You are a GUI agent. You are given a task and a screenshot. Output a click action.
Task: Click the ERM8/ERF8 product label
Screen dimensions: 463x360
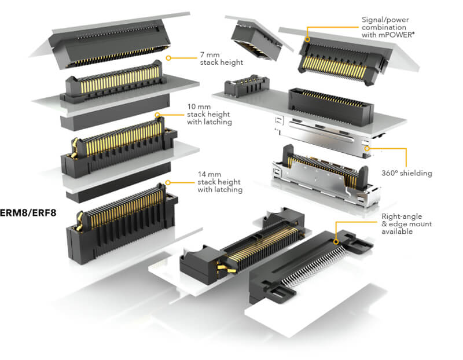[28, 212]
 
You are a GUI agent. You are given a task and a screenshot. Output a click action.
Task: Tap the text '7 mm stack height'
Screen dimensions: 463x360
[222, 58]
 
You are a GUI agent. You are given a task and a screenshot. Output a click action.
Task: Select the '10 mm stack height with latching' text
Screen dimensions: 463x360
[210, 114]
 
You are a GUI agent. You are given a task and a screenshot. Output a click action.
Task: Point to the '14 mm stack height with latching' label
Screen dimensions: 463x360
[220, 182]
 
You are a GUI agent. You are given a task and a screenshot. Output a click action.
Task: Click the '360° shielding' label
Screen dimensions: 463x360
[407, 173]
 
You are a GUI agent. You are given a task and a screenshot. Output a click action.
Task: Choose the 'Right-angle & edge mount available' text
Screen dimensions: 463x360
[407, 224]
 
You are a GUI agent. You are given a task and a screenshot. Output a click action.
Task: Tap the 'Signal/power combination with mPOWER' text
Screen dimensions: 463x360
[388, 27]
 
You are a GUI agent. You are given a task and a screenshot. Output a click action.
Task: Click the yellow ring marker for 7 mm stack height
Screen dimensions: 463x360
[168, 58]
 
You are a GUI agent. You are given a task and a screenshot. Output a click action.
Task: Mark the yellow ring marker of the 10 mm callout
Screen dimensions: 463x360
[157, 115]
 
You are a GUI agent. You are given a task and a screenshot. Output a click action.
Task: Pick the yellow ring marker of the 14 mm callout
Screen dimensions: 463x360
[168, 182]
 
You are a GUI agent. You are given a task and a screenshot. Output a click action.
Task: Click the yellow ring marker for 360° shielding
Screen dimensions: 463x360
[367, 149]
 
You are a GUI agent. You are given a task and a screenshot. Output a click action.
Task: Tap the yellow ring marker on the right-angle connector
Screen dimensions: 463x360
[336, 242]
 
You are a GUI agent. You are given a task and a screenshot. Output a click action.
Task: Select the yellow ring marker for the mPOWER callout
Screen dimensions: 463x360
[307, 39]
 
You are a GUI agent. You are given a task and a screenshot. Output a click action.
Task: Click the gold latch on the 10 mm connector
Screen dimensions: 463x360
[75, 147]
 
